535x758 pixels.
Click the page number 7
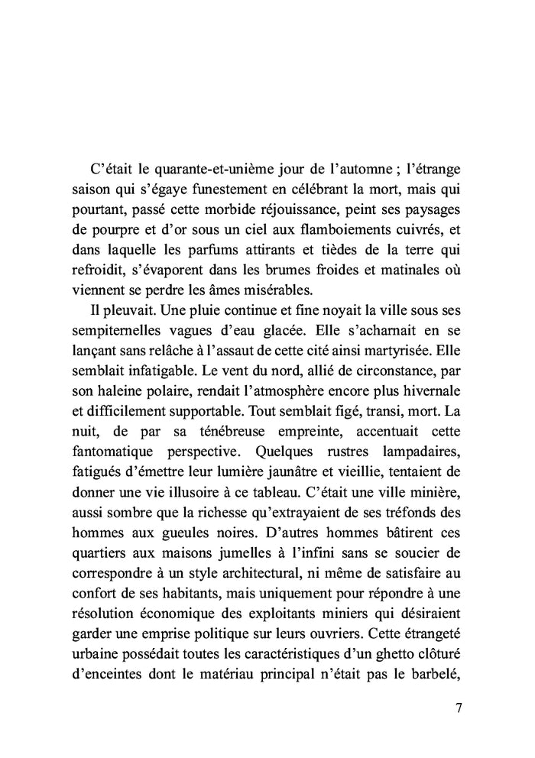[458, 708]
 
